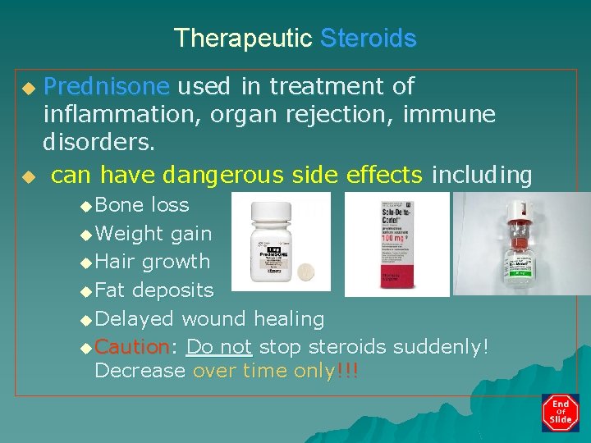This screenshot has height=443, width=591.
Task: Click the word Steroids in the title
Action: pyautogui.click(x=368, y=39)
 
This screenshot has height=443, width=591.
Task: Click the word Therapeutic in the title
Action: pyautogui.click(x=243, y=39)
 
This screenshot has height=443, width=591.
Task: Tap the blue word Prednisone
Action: pyautogui.click(x=107, y=86)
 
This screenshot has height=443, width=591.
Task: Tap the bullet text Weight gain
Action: pyautogui.click(x=153, y=234)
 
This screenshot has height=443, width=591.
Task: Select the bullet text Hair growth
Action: pyautogui.click(x=153, y=263)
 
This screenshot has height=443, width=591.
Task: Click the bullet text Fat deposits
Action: pyautogui.click(x=153, y=290)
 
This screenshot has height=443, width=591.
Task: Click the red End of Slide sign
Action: pyautogui.click(x=561, y=413)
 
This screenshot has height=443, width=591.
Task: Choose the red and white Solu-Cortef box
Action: pyautogui.click(x=396, y=244)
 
